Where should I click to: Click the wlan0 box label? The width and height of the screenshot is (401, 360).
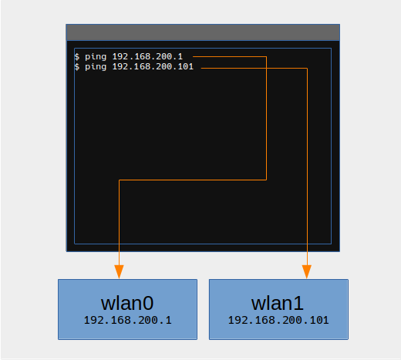pyautogui.click(x=127, y=303)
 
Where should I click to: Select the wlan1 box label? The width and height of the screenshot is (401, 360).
pyautogui.click(x=278, y=303)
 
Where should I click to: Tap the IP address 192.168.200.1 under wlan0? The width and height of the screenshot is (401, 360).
pyautogui.click(x=128, y=320)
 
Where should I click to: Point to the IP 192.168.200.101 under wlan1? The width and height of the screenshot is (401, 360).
pyautogui.click(x=278, y=320)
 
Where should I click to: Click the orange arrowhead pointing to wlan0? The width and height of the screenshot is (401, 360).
pyautogui.click(x=119, y=271)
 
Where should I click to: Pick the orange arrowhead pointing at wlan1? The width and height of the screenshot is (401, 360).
pyautogui.click(x=307, y=271)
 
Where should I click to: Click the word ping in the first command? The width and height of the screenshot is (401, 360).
pyautogui.click(x=96, y=57)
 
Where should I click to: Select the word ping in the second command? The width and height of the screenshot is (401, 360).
pyautogui.click(x=96, y=67)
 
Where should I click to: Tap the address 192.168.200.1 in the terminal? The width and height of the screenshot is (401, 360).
pyautogui.click(x=147, y=56)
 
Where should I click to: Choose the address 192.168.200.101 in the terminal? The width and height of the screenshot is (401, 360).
pyautogui.click(x=153, y=66)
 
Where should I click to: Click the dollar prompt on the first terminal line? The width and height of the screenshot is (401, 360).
pyautogui.click(x=77, y=56)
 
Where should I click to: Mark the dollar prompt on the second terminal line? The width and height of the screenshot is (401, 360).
pyautogui.click(x=77, y=67)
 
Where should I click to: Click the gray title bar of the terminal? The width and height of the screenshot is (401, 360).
pyautogui.click(x=203, y=32)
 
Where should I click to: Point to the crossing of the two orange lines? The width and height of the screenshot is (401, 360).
pyautogui.click(x=266, y=68)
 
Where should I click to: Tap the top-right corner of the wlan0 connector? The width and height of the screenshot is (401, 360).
pyautogui.click(x=266, y=56)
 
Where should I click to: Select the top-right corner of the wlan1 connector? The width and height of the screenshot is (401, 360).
pyautogui.click(x=307, y=68)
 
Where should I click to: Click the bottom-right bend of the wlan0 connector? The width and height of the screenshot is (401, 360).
pyautogui.click(x=266, y=180)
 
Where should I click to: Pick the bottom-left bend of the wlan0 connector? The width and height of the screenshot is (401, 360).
pyautogui.click(x=120, y=180)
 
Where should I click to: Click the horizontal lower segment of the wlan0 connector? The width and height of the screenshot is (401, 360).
pyautogui.click(x=193, y=180)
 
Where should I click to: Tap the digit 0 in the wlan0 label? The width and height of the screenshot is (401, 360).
pyautogui.click(x=148, y=304)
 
